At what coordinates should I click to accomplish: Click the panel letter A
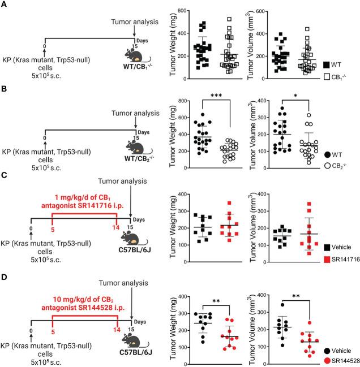pos(5,5)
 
